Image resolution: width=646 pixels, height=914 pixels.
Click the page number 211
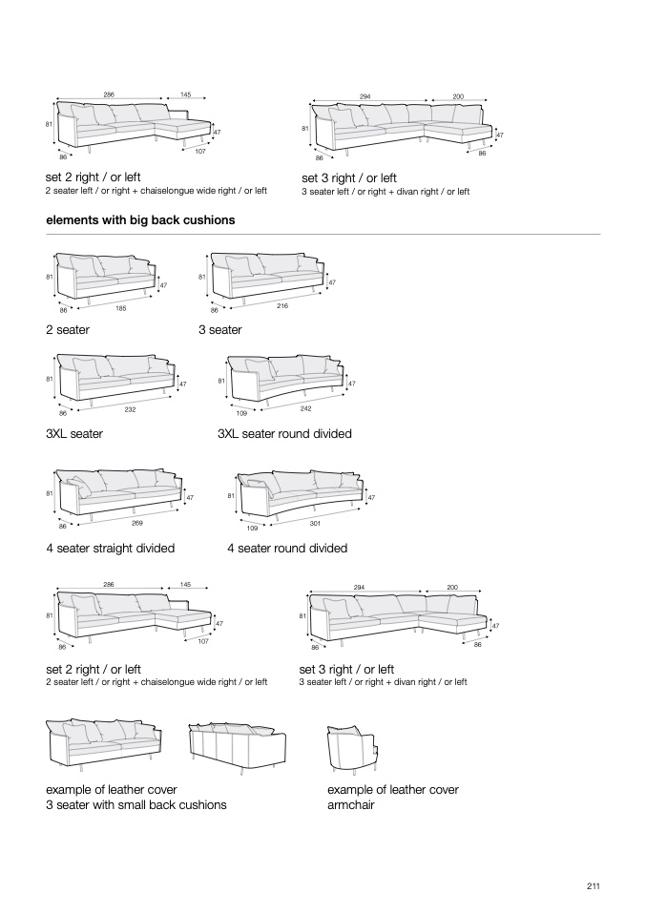(x=593, y=885)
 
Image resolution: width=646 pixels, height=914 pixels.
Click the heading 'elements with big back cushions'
(x=140, y=220)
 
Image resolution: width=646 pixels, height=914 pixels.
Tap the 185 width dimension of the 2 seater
(x=121, y=307)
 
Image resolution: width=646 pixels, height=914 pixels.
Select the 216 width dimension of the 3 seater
(x=282, y=305)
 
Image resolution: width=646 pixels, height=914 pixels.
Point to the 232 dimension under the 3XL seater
(x=130, y=409)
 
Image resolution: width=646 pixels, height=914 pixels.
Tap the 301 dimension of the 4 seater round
(x=315, y=523)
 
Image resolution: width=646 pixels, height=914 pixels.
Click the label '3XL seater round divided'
(x=284, y=434)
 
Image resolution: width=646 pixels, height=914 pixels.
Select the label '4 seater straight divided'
(x=110, y=549)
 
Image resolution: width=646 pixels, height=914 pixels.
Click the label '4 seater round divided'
(x=287, y=549)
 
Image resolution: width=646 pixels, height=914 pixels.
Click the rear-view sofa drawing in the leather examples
(x=238, y=744)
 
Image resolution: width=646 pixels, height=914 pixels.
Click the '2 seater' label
(x=68, y=330)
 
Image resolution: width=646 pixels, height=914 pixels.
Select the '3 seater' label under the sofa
(x=220, y=330)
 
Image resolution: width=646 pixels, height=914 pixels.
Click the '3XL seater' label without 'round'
(x=74, y=434)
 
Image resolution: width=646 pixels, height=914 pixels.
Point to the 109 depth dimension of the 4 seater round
(x=253, y=528)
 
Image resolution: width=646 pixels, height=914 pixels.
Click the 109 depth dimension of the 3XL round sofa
(x=241, y=414)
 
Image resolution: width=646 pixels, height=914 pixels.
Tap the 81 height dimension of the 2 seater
(x=49, y=278)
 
